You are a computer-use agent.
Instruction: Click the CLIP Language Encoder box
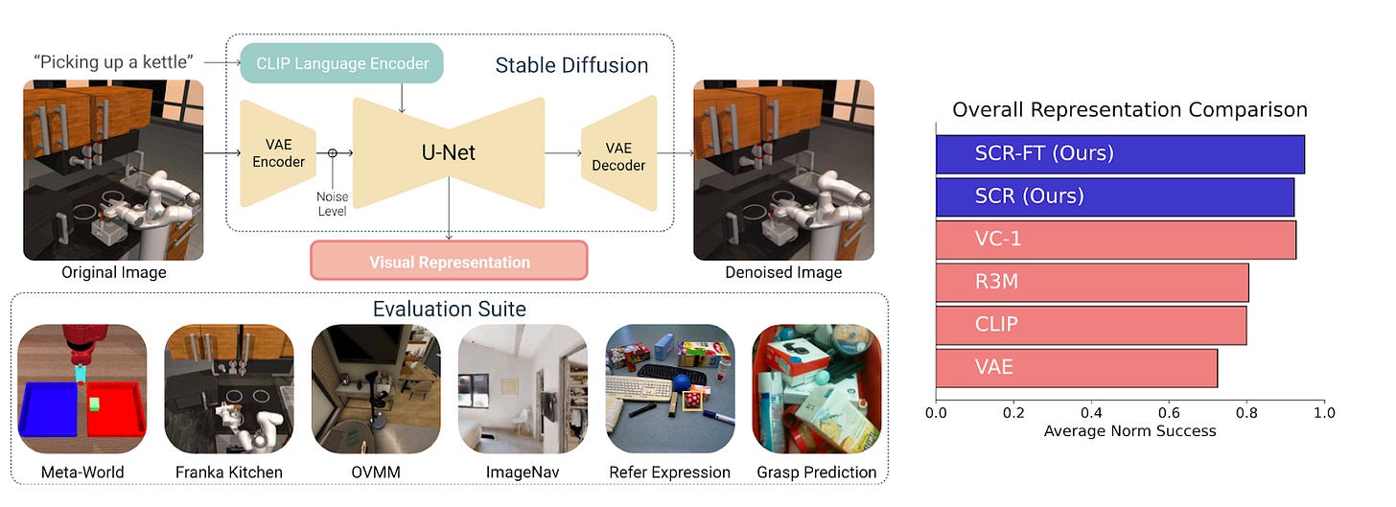click(x=340, y=63)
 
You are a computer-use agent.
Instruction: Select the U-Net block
click(x=448, y=152)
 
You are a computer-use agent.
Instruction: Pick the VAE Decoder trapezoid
click(x=618, y=155)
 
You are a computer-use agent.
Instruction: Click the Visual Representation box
click(x=449, y=262)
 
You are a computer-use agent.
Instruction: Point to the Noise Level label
click(x=333, y=204)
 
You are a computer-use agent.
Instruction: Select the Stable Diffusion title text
click(x=571, y=66)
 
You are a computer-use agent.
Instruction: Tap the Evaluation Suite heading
click(x=450, y=309)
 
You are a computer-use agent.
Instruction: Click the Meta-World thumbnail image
click(x=82, y=389)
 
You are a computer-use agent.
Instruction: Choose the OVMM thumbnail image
click(x=376, y=389)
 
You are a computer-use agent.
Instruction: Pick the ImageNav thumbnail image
click(x=523, y=389)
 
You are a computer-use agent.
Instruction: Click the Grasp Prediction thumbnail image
click(x=816, y=389)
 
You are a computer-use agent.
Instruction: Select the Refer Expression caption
click(x=669, y=472)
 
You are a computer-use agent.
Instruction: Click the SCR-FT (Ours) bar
click(x=1120, y=153)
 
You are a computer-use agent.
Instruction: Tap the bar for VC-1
click(x=1116, y=239)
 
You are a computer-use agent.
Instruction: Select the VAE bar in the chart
click(x=1077, y=368)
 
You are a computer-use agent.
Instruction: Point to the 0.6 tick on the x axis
click(x=1169, y=412)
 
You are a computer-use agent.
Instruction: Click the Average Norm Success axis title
click(x=1129, y=431)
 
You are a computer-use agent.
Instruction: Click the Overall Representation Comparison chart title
click(x=1129, y=110)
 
